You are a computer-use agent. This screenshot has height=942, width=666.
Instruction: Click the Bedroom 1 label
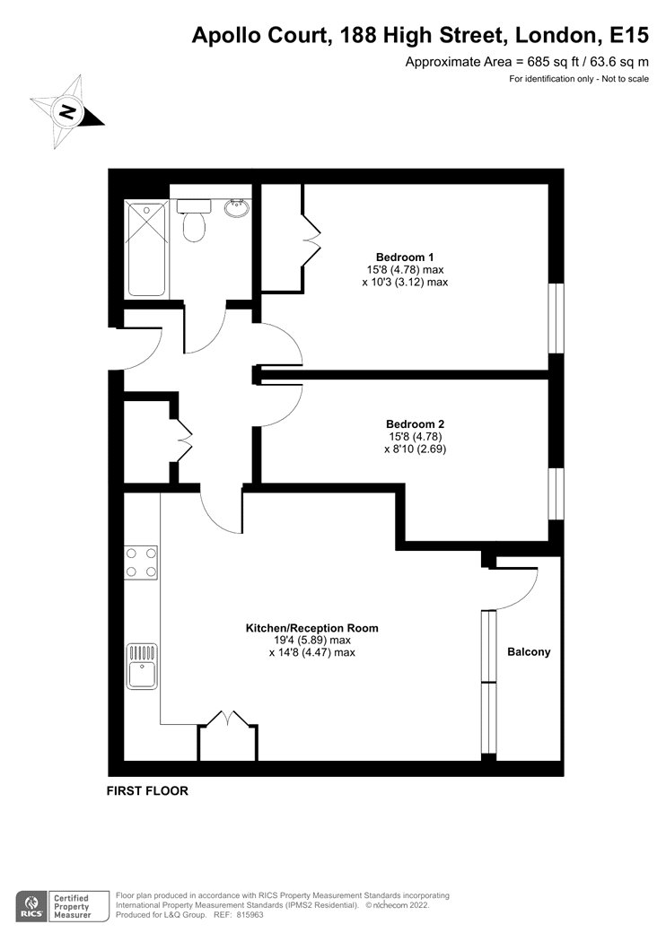click(405, 257)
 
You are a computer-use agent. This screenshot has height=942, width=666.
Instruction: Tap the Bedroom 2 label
click(415, 424)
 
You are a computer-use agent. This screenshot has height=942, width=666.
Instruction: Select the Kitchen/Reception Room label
click(312, 628)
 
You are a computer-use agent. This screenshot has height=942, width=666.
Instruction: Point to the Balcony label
click(529, 652)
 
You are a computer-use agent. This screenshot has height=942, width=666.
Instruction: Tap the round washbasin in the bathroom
click(238, 208)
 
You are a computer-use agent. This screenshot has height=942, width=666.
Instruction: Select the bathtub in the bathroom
click(146, 249)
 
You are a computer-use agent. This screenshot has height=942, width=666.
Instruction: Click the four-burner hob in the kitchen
click(141, 563)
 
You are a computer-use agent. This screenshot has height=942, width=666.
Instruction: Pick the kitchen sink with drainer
click(142, 667)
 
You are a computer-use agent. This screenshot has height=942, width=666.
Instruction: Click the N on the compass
click(67, 112)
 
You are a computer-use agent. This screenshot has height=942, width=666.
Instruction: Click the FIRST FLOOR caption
click(147, 791)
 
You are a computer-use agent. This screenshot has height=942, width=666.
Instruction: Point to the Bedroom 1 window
click(556, 318)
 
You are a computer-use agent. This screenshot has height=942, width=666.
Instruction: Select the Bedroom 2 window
click(556, 493)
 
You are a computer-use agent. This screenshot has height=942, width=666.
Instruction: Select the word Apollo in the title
click(224, 36)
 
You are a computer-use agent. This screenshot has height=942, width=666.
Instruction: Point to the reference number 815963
click(249, 915)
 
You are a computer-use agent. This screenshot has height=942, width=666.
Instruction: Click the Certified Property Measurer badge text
click(72, 906)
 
